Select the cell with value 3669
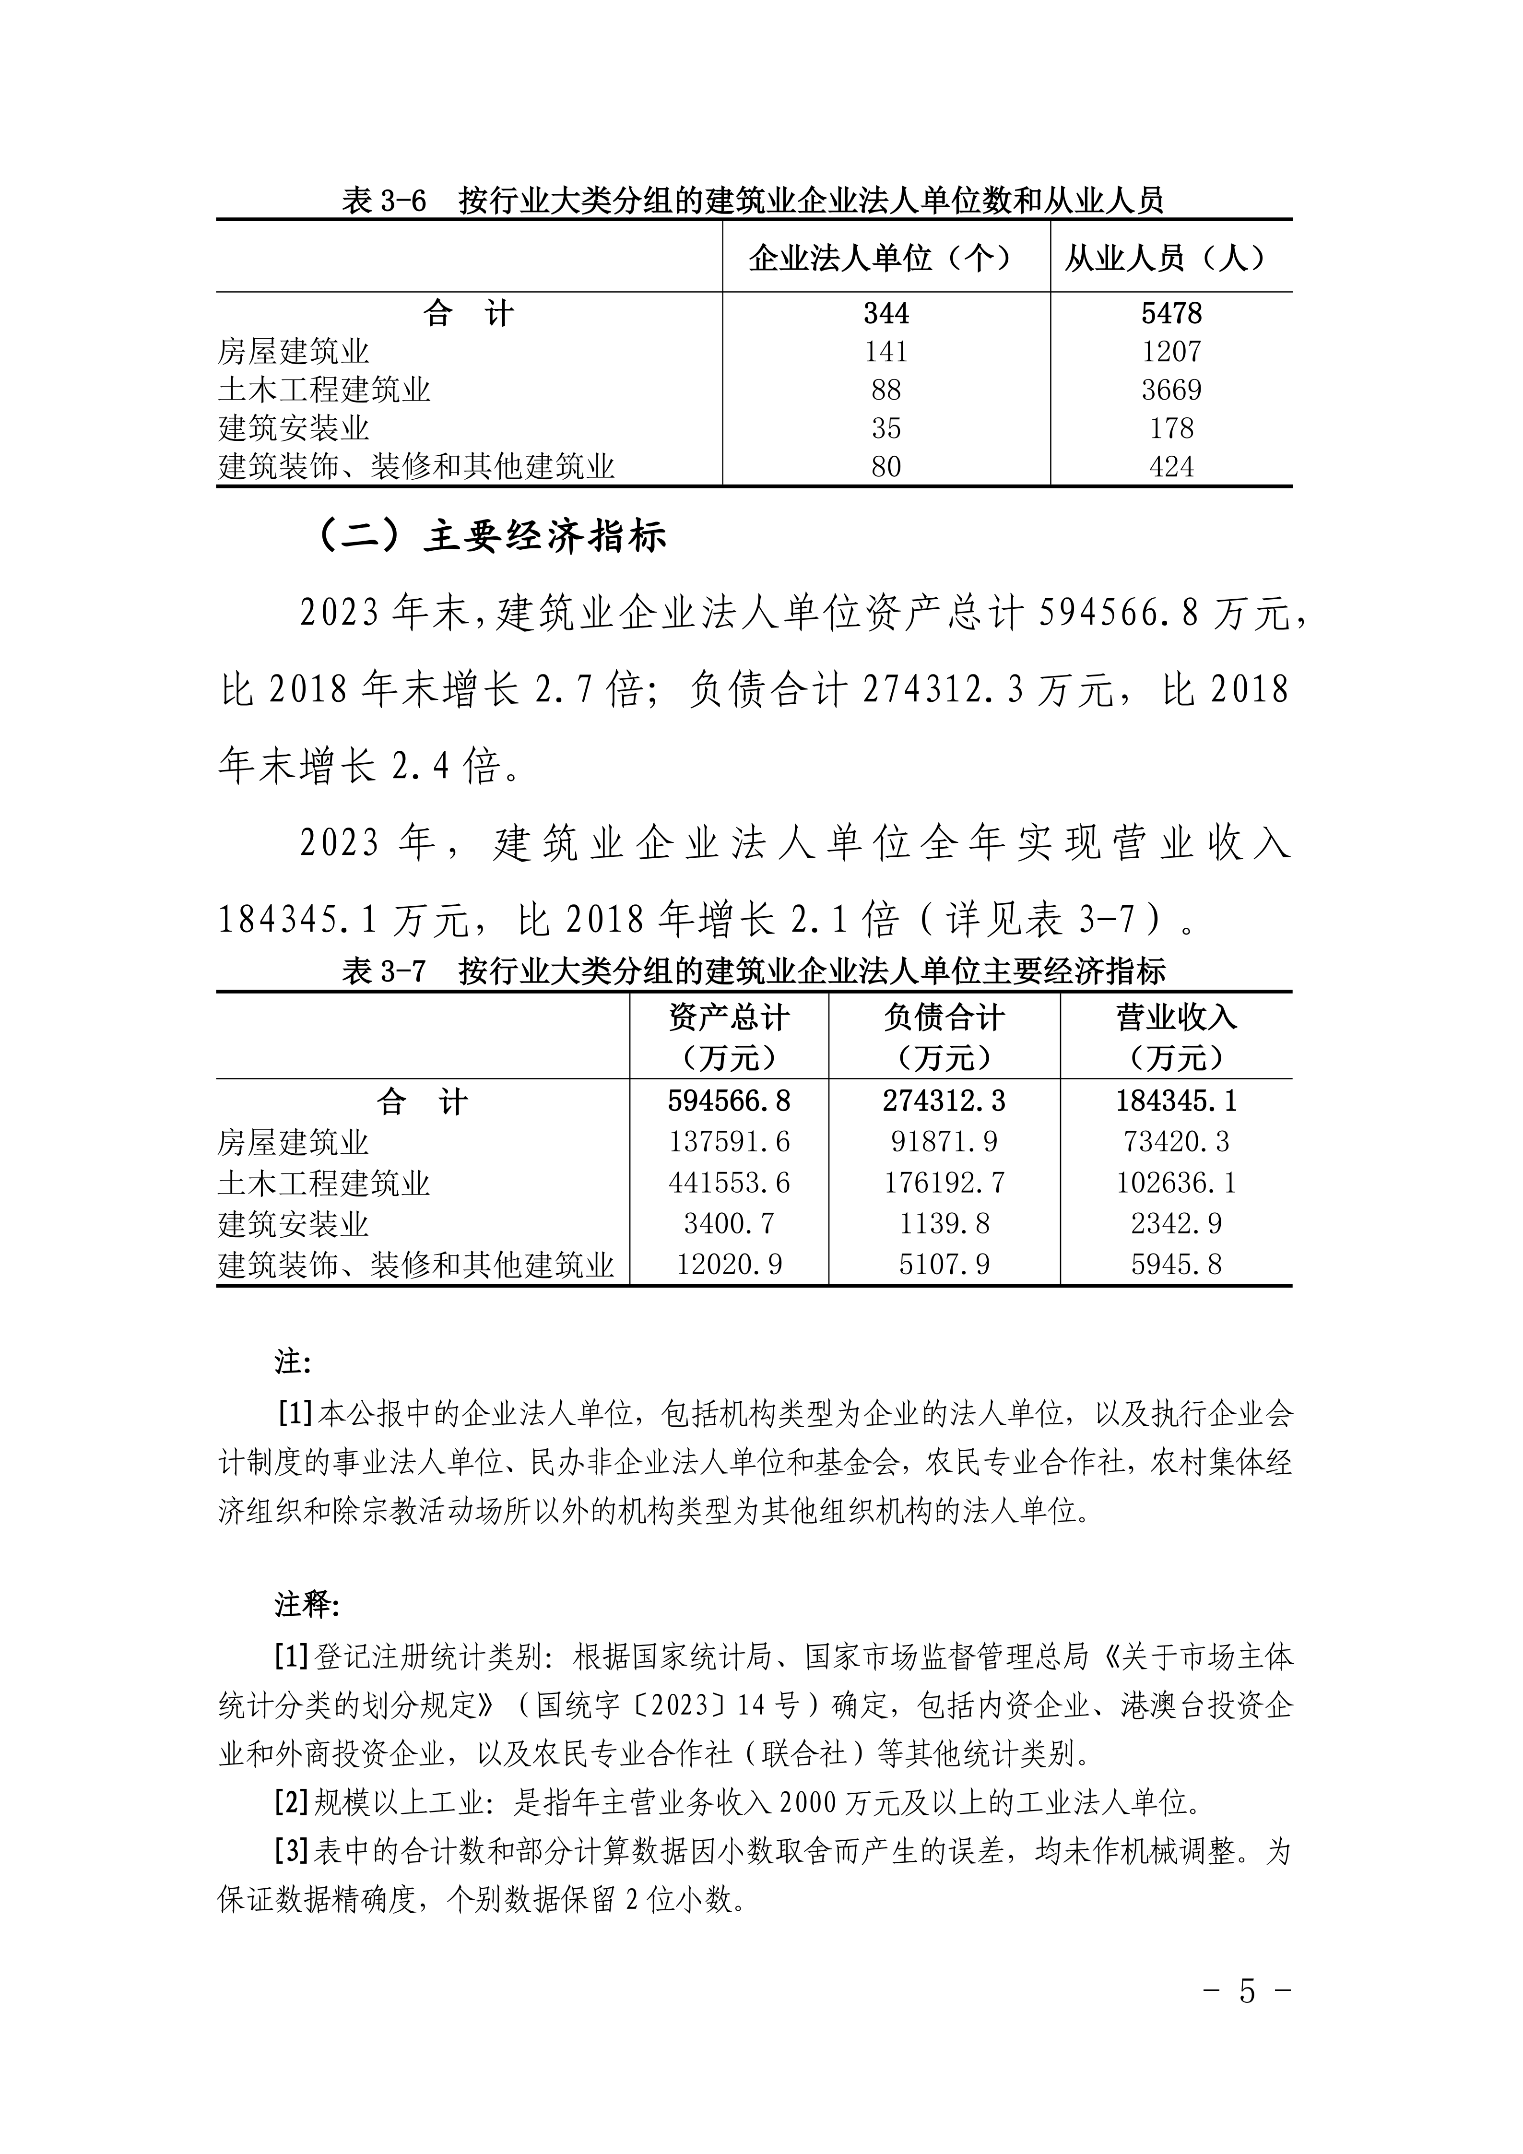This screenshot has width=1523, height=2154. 1171,390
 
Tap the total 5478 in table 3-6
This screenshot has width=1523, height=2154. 1171,313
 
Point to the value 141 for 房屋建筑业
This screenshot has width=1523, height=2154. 885,352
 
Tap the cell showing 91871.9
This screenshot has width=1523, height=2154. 944,1142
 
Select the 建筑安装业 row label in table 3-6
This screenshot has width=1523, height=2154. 294,428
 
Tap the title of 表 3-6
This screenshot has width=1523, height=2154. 753,200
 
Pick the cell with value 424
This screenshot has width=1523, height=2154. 1171,466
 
